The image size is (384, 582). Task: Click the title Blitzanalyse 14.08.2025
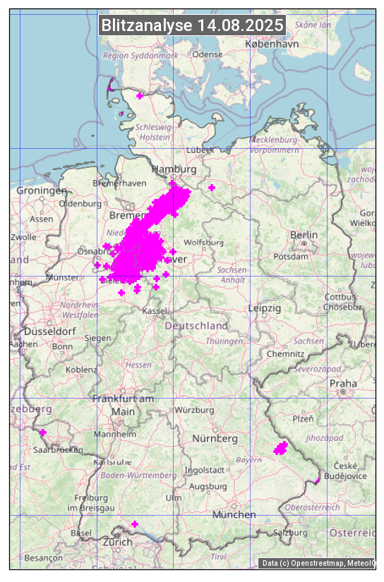[192, 25]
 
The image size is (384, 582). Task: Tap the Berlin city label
[304, 235]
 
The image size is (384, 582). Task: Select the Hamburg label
[174, 170]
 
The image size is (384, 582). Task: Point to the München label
[234, 515]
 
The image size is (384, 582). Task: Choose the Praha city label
[343, 383]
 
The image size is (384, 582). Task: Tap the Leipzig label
[265, 308]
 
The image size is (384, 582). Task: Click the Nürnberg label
[215, 439]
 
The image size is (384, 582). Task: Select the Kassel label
[155, 311]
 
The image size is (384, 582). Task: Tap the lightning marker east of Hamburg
[212, 188]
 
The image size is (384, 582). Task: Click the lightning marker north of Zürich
[135, 524]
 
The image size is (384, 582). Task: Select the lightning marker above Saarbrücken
[43, 432]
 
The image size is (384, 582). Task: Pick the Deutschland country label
[196, 326]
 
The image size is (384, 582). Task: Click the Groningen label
[42, 190]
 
